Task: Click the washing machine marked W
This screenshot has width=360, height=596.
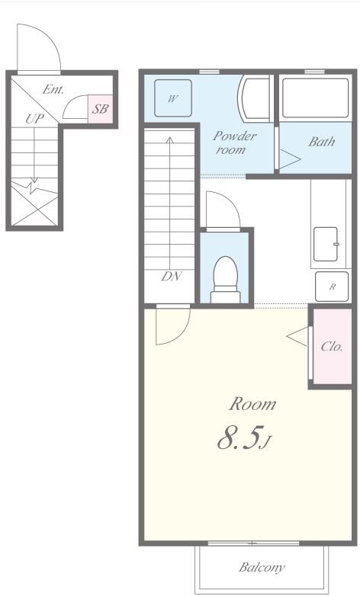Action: pyautogui.click(x=173, y=98)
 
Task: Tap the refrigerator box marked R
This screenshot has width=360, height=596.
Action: pyautogui.click(x=332, y=287)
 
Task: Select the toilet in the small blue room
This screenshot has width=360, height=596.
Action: pyautogui.click(x=226, y=280)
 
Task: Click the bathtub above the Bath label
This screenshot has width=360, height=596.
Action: pyautogui.click(x=315, y=98)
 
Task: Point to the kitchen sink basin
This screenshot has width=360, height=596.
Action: pyautogui.click(x=326, y=244)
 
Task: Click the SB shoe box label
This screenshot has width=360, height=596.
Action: pyautogui.click(x=101, y=109)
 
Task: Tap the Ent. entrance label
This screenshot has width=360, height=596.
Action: pyautogui.click(x=53, y=89)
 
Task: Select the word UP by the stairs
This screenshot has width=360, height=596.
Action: pyautogui.click(x=34, y=119)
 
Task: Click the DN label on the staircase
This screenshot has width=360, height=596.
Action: pyautogui.click(x=172, y=277)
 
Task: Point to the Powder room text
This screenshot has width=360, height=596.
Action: pyautogui.click(x=233, y=143)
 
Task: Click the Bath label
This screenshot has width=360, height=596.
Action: pyautogui.click(x=322, y=142)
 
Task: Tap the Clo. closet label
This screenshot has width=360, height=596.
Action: pyautogui.click(x=332, y=346)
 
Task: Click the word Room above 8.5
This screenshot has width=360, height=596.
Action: pyautogui.click(x=252, y=404)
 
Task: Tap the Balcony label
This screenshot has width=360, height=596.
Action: pyautogui.click(x=262, y=568)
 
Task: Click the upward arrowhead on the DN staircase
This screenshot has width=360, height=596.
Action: pyautogui.click(x=170, y=140)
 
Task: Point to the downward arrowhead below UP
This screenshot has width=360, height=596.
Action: pyautogui.click(x=34, y=180)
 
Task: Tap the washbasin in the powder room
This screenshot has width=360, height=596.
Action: pyautogui.click(x=255, y=98)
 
